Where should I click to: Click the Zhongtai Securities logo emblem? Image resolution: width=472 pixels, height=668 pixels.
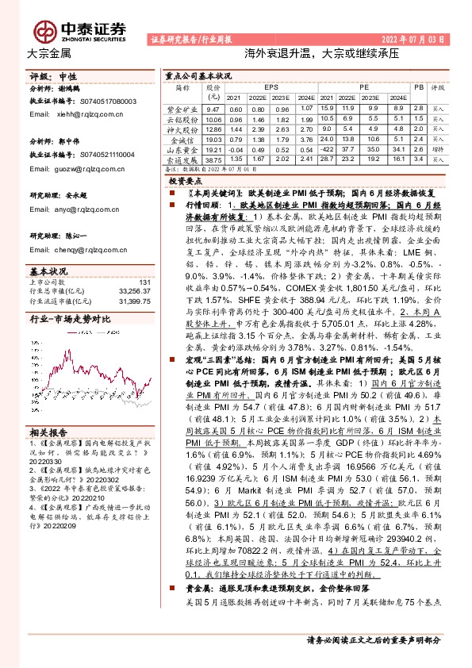coord(44,29)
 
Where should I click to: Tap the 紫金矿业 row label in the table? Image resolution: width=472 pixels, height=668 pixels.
coord(182,109)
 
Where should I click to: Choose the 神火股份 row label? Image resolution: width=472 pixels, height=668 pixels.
coord(182,129)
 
